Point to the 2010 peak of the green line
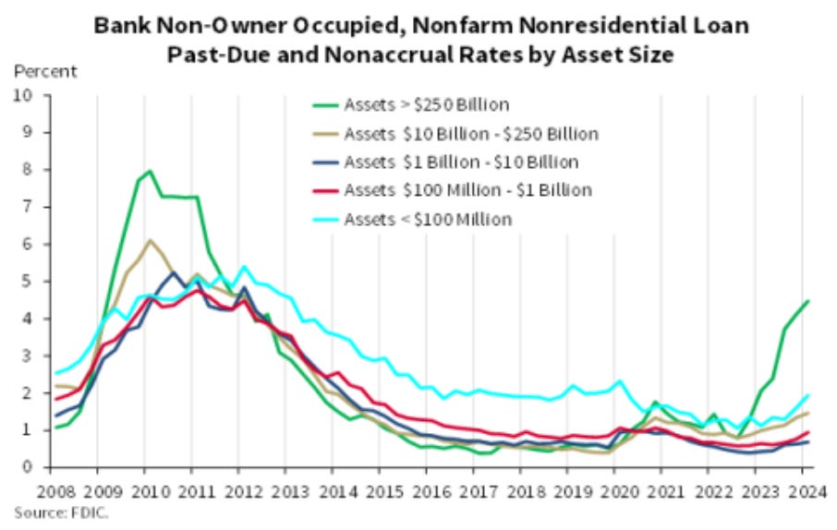pyautogui.click(x=150, y=171)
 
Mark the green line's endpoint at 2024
pyautogui.click(x=809, y=301)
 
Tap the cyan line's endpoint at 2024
pyautogui.click(x=809, y=395)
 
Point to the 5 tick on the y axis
pyautogui.click(x=28, y=281)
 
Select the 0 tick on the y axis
pyautogui.click(x=28, y=467)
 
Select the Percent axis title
pyautogui.click(x=44, y=71)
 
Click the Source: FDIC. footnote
pyautogui.click(x=61, y=512)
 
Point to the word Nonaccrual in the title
pyautogui.click(x=390, y=54)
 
